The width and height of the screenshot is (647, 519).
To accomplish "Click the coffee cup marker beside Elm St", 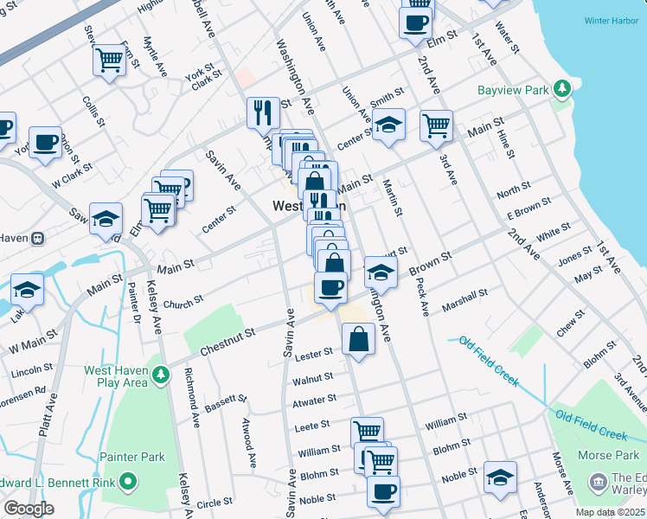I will pyautogui.click(x=415, y=22).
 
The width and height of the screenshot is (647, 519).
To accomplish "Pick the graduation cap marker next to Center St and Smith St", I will pyautogui.click(x=389, y=125).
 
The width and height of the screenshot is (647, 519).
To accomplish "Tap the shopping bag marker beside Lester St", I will pyautogui.click(x=358, y=338).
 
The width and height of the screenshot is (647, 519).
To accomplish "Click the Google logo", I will pyautogui.click(x=29, y=509).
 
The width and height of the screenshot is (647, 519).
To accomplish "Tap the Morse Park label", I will pyautogui.click(x=610, y=454).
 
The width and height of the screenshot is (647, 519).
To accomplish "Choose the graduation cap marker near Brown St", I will pyautogui.click(x=380, y=272).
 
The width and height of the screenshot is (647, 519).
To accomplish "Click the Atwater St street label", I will pyautogui.click(x=315, y=400).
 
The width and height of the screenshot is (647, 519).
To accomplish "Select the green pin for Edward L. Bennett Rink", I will pyautogui.click(x=128, y=480).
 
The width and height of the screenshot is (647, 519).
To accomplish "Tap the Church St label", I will pyautogui.click(x=183, y=301).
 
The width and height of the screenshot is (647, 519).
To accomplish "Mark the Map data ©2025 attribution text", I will pyautogui.click(x=610, y=512).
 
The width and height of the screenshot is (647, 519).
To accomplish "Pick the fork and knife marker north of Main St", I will pyautogui.click(x=262, y=112).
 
